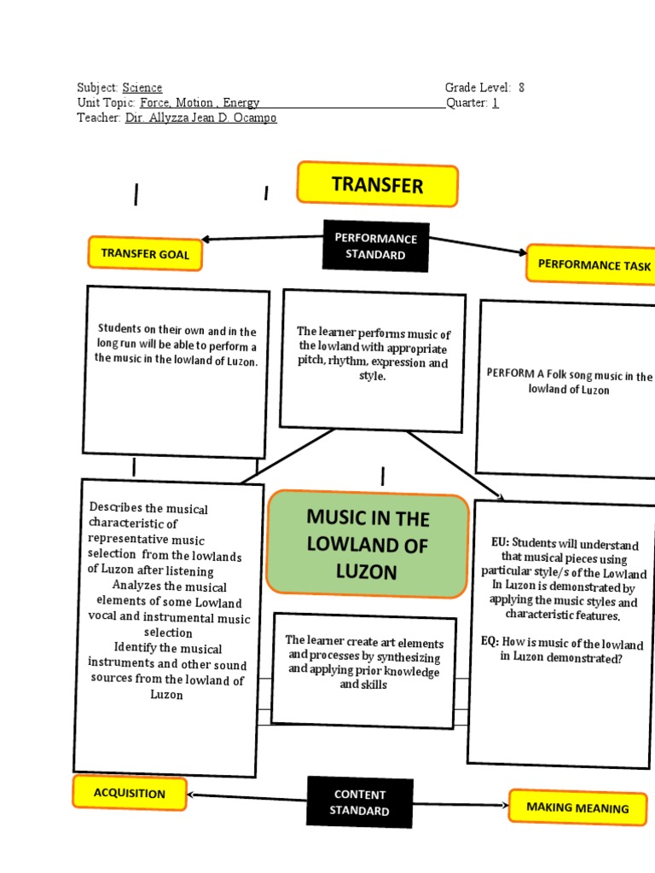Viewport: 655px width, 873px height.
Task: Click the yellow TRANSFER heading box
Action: [x=377, y=185]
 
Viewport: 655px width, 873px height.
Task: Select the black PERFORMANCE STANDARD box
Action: [x=375, y=246]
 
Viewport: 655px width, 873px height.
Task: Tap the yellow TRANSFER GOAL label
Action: [x=145, y=253]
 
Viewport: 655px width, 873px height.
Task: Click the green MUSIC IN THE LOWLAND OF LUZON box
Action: [x=368, y=544]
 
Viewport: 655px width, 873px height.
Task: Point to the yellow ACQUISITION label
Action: [x=130, y=793]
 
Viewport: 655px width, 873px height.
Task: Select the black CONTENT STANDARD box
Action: [x=359, y=802]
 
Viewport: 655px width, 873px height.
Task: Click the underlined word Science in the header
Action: [x=142, y=88]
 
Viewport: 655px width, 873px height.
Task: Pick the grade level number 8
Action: [x=521, y=88]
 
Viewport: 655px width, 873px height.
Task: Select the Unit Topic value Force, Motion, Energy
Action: [x=200, y=103]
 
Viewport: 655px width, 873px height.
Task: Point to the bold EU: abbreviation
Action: [x=499, y=541]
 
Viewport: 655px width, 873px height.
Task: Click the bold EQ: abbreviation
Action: [x=489, y=642]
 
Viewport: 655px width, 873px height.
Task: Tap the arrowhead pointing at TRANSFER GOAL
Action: [x=206, y=240]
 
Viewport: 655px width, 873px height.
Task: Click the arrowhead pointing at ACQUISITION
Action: [x=192, y=795]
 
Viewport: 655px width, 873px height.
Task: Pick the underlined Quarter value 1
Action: [x=495, y=103]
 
